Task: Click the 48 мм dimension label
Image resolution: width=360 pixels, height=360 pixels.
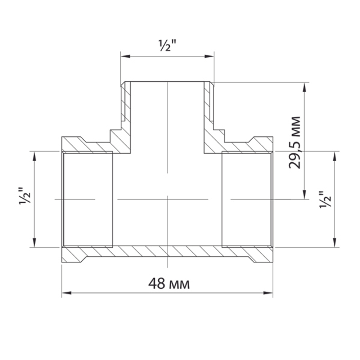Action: point(169,284)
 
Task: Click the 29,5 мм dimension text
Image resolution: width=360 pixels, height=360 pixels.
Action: point(294,143)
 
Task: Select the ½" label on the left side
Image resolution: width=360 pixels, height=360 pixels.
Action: point(24,196)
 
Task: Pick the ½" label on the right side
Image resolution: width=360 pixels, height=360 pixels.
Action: point(325,199)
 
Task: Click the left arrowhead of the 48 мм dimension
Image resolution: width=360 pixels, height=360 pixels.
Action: point(67,293)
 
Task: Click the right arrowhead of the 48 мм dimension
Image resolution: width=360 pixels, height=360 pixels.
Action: point(268,293)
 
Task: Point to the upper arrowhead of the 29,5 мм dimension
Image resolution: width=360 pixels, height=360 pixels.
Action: point(305,87)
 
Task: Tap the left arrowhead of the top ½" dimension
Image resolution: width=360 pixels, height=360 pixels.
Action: point(126,56)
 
